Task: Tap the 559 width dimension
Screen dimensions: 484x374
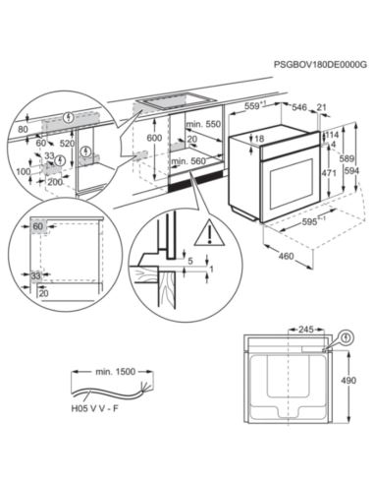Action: [x=253, y=106]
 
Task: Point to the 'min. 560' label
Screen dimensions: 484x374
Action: [x=199, y=161]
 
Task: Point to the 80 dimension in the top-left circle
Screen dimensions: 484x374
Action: [x=22, y=129]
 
